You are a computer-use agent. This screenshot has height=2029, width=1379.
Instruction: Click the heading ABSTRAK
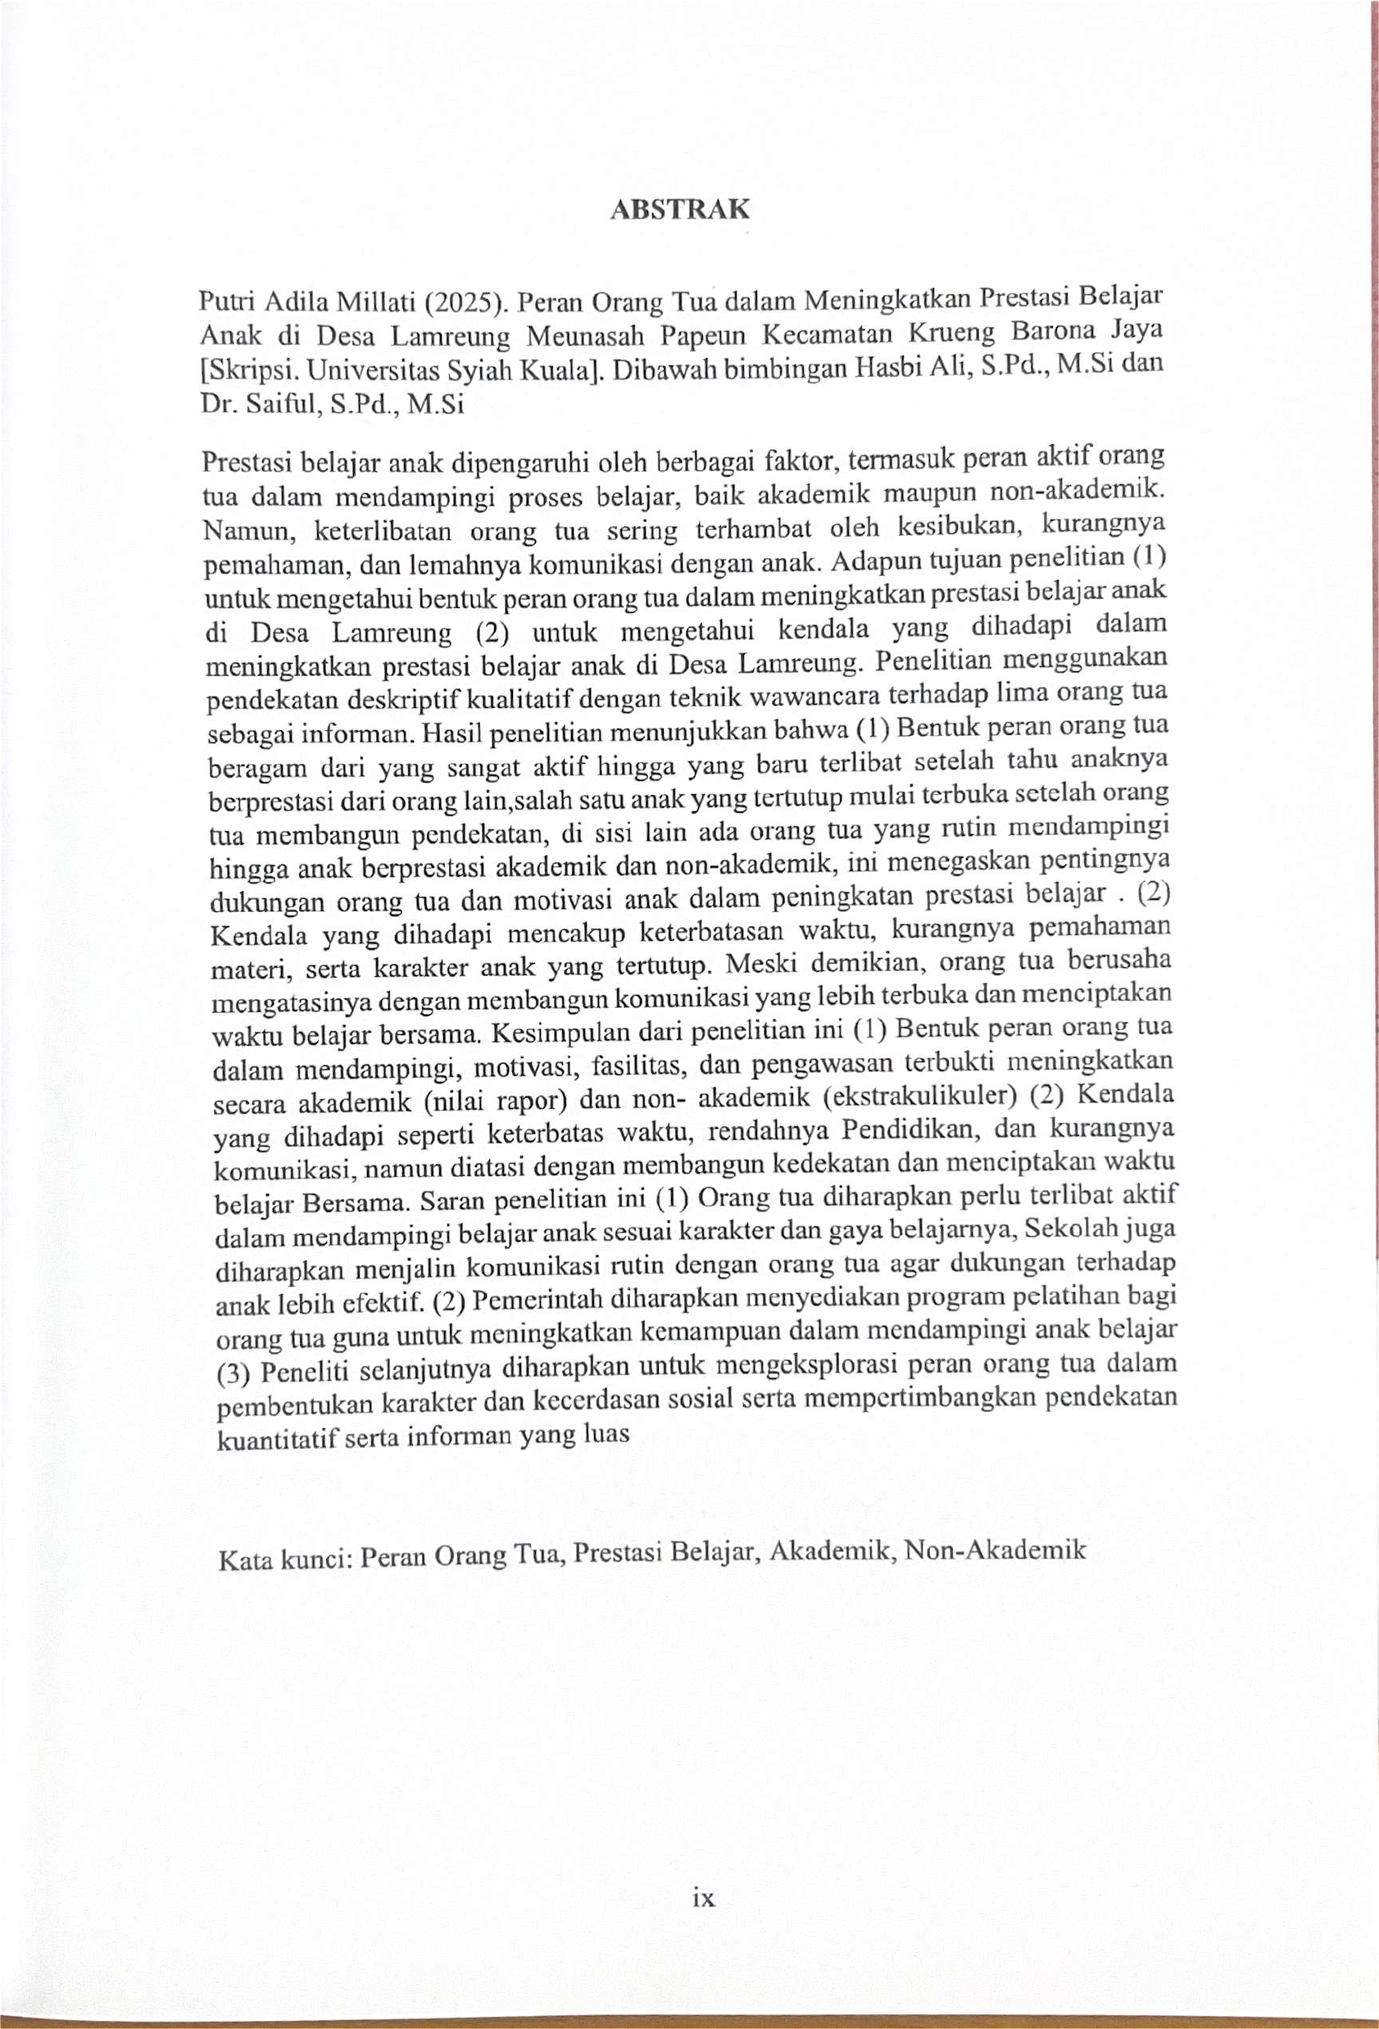click(679, 210)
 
